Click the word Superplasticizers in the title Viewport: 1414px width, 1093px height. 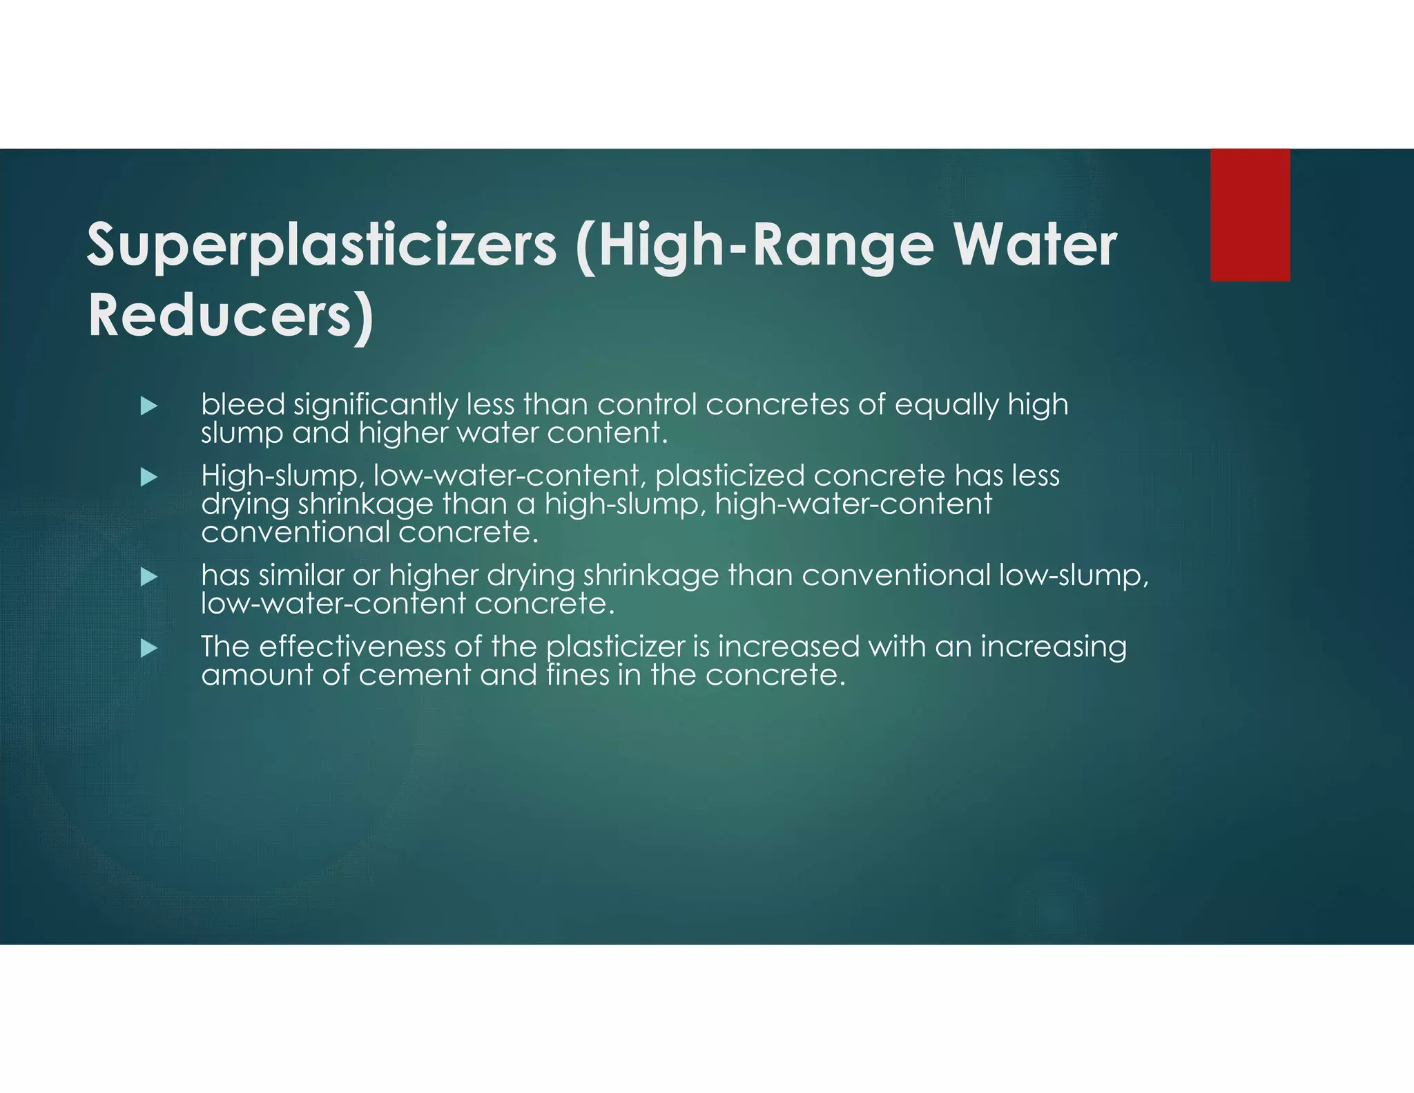click(x=321, y=246)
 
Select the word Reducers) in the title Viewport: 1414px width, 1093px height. click(x=231, y=316)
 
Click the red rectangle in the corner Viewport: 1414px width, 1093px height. click(x=1250, y=215)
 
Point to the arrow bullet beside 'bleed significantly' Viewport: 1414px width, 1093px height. click(x=149, y=406)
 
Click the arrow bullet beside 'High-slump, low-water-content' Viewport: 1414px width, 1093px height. click(x=149, y=477)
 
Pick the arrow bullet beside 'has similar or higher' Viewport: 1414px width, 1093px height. click(x=149, y=577)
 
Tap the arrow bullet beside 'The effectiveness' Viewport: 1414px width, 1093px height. click(x=149, y=648)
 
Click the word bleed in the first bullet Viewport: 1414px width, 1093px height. click(x=243, y=404)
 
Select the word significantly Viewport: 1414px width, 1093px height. click(x=376, y=406)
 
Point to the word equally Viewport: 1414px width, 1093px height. click(x=947, y=406)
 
